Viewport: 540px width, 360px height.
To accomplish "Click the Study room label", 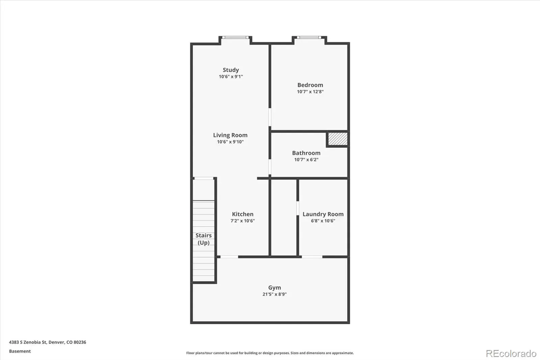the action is (231, 70).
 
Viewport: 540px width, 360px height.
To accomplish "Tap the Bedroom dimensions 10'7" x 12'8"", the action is (310, 92).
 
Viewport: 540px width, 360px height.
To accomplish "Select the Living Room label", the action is (230, 135).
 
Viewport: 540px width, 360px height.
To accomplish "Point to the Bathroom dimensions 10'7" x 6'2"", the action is (306, 159).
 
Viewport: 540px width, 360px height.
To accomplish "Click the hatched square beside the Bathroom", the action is (338, 139).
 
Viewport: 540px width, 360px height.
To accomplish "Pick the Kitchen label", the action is (243, 214).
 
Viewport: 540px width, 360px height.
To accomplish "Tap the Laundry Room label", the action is (323, 214).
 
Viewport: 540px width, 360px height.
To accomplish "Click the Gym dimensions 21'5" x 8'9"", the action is (275, 294).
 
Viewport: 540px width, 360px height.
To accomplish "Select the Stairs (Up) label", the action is (204, 239).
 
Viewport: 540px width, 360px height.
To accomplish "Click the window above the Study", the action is (235, 37).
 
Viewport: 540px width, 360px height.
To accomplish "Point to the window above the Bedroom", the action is (309, 37).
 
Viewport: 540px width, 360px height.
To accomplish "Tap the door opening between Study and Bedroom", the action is (270, 117).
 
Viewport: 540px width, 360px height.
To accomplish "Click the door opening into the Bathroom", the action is (270, 166).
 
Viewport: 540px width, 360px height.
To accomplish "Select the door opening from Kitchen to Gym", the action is (229, 257).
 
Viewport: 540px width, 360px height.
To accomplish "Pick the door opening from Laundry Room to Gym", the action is (312, 257).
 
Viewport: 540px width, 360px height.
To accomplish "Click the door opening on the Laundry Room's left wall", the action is (298, 208).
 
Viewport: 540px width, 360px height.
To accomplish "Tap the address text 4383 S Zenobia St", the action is (28, 342).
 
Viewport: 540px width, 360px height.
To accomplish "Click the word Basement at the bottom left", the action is (20, 351).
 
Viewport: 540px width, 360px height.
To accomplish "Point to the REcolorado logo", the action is (511, 354).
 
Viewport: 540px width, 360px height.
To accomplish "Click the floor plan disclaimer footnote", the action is (270, 353).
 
